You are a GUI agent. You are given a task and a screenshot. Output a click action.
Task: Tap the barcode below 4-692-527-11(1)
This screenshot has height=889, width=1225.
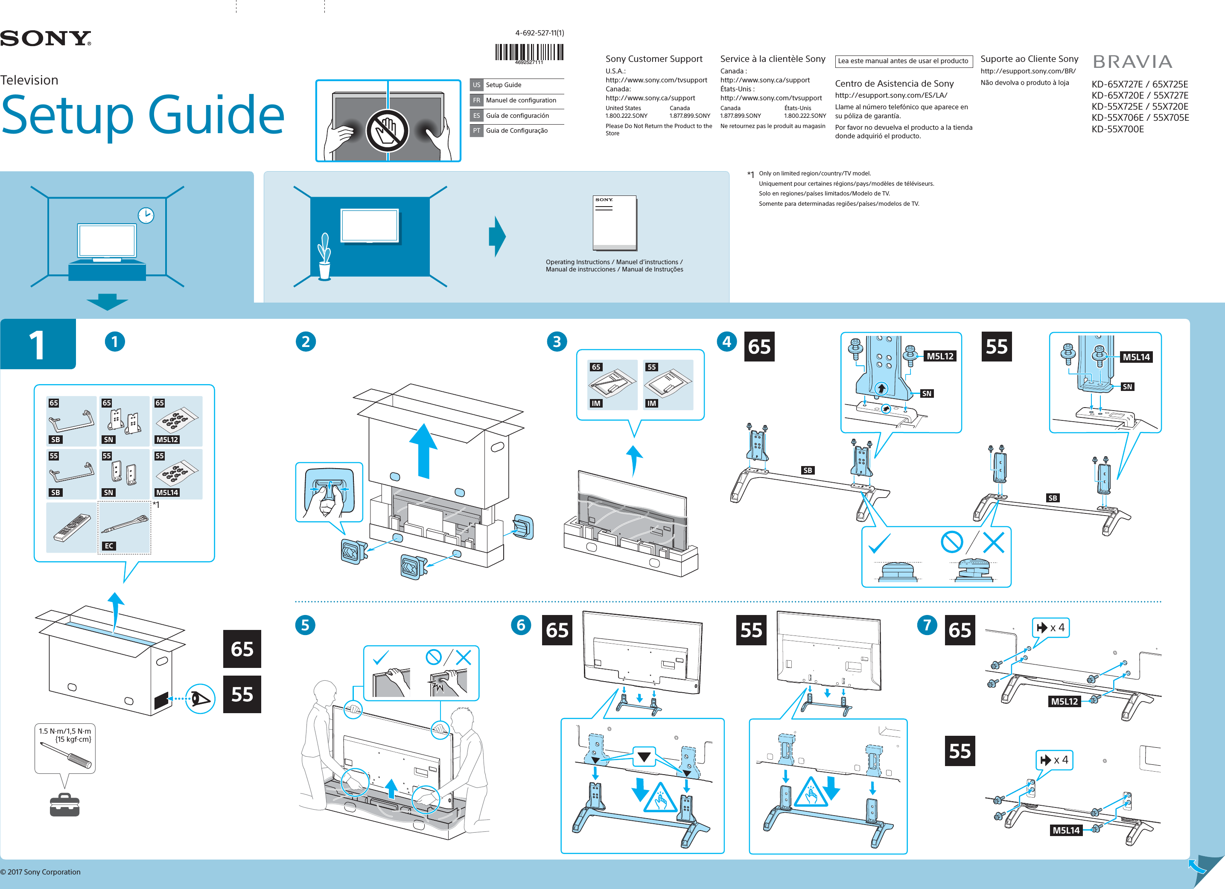(x=529, y=52)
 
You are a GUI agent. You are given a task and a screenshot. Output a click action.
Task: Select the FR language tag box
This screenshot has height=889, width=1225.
(x=476, y=100)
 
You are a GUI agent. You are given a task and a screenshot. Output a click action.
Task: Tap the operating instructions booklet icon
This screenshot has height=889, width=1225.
(x=615, y=222)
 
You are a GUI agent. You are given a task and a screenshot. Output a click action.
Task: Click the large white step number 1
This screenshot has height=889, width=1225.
(x=37, y=344)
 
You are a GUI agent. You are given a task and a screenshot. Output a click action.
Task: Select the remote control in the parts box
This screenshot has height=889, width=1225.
(x=72, y=528)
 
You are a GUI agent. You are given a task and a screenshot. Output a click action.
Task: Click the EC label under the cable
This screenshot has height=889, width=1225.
(x=109, y=546)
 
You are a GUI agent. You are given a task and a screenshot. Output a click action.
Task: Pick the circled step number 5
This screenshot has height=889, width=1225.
(x=305, y=625)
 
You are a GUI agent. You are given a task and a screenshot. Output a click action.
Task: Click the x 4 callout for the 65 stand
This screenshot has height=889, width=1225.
(x=1050, y=628)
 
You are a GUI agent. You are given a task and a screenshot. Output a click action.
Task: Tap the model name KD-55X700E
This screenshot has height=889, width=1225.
(x=1117, y=129)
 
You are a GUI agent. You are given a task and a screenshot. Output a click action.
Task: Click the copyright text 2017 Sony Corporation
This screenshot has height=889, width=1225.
(x=41, y=872)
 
